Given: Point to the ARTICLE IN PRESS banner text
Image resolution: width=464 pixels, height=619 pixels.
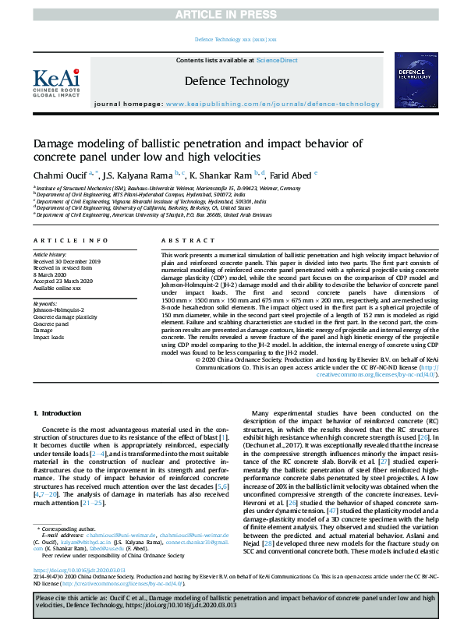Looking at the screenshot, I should coord(232,15).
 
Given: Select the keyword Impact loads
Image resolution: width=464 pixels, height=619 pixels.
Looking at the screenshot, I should coord(48,338).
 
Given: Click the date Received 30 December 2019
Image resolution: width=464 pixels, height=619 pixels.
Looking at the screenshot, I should coord(66,262).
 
